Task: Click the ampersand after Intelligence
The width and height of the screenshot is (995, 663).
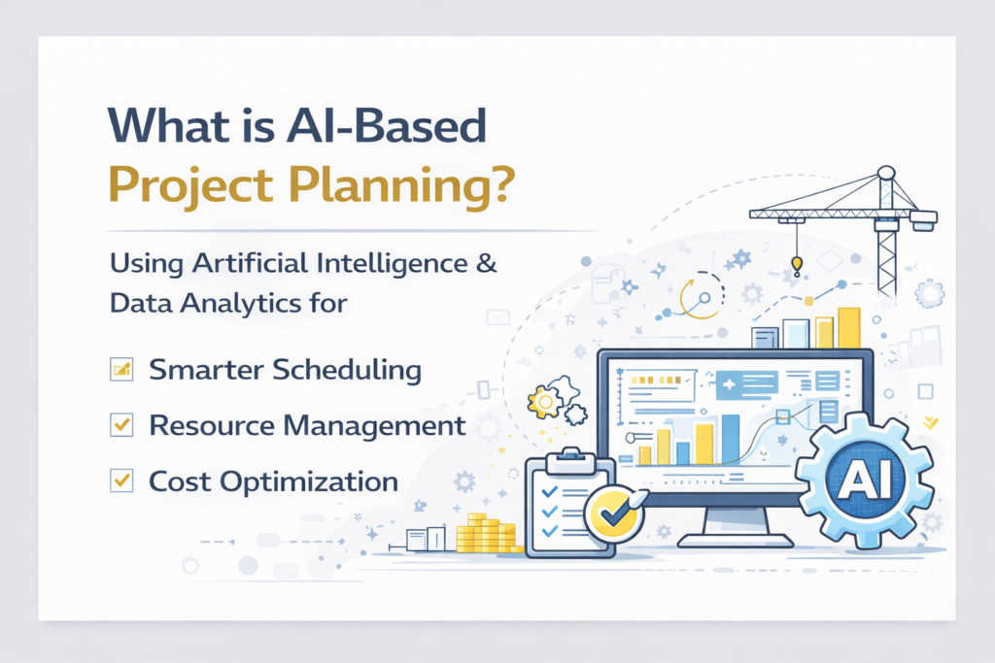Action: (487, 262)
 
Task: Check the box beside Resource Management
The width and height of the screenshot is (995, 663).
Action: (121, 424)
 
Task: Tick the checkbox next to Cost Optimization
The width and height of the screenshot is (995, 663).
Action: (121, 481)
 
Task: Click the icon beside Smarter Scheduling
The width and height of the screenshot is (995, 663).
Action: (121, 369)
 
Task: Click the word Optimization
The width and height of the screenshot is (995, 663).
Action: (309, 482)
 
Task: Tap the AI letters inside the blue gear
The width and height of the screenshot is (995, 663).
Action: (864, 481)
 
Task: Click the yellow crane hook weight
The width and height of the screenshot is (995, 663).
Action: (797, 264)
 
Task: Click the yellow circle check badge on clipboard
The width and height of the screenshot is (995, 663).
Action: (613, 514)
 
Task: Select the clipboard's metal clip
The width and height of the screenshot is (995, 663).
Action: (570, 461)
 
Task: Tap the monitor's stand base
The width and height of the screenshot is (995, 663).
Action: (735, 541)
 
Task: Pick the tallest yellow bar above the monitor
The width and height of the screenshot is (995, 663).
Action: (849, 328)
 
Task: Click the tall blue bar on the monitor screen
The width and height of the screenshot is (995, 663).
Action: (731, 440)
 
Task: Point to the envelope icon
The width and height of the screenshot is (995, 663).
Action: (498, 316)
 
